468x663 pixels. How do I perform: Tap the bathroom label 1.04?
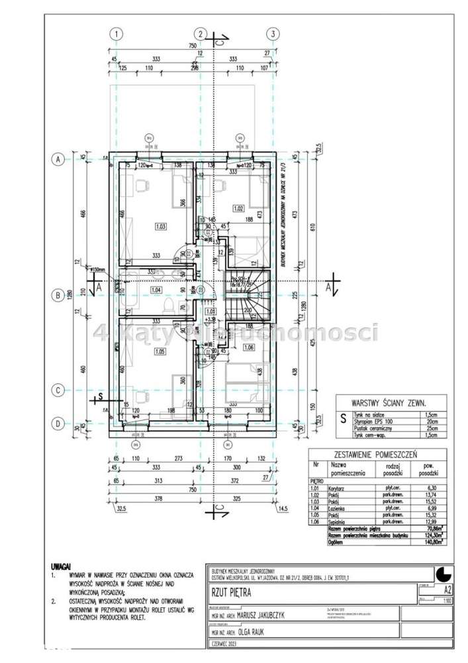156,290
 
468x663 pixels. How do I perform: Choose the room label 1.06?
250,346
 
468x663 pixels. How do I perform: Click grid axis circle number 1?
116,34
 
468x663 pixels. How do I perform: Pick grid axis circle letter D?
58,423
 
